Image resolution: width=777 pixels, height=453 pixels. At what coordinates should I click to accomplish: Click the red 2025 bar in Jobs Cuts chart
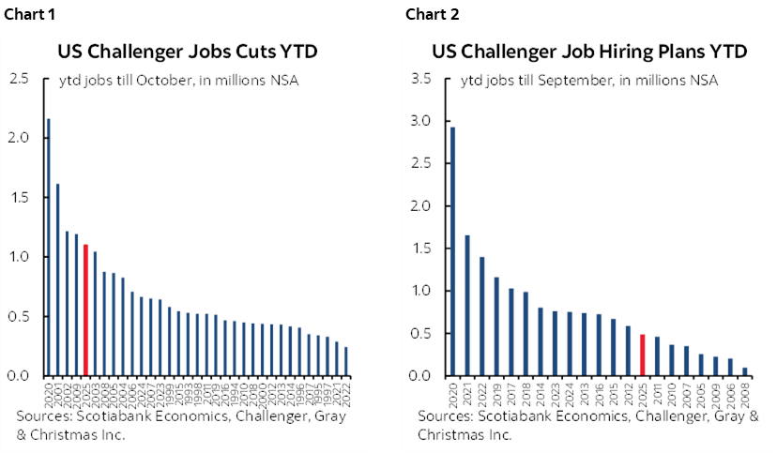85,310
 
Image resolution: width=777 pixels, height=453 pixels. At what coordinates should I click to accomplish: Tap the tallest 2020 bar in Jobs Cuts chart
49,248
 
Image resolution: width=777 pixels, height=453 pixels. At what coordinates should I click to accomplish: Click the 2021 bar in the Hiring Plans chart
467,305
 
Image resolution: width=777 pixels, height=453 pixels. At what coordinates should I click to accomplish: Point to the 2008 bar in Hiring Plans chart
745,371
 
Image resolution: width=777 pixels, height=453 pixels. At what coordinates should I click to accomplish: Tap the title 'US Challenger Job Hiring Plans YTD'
589,52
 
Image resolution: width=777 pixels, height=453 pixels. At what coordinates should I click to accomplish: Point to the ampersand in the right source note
754,418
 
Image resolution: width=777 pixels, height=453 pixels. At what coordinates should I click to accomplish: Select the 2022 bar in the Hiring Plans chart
483,316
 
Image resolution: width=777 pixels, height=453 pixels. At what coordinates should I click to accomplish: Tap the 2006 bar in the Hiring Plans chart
730,367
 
